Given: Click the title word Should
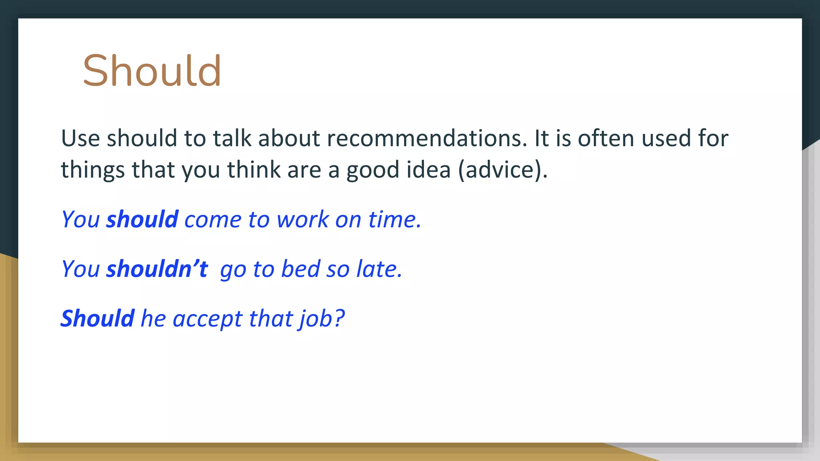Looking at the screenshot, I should pos(152,71).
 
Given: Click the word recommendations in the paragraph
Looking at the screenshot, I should pos(427,138).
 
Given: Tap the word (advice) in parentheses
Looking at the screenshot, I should pos(502,170).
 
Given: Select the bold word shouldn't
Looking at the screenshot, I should pos(157,269).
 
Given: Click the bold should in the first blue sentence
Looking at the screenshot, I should pos(142,219).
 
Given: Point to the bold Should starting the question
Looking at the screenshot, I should pos(97,319).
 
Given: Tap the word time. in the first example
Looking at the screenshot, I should pos(394,219).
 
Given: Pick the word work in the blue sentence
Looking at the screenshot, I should pos(303,219).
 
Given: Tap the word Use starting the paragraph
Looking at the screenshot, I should pos(80,138).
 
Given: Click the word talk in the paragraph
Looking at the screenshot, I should pos(232,138).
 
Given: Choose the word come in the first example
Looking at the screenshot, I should pos(213,220).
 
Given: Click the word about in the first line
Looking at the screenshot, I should pos(289,138).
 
